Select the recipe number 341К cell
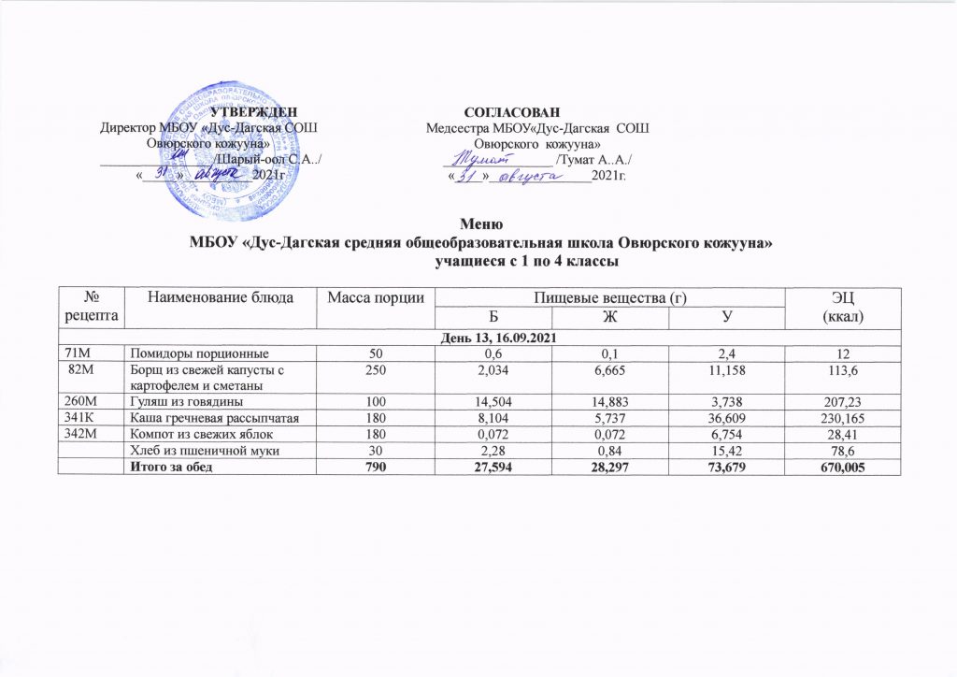pos(80,418)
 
